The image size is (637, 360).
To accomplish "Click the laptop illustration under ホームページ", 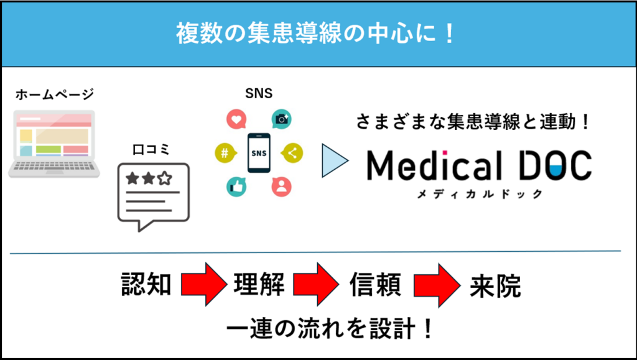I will click(54, 144).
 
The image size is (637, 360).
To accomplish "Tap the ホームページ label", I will click(54, 95).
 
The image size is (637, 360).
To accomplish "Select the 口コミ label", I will click(152, 150).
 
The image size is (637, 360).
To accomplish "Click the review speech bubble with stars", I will click(153, 195).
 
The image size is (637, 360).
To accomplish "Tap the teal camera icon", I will click(282, 119).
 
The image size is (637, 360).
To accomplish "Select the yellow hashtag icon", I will click(223, 152).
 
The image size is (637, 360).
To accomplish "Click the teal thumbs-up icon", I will click(236, 186).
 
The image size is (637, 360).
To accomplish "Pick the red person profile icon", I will click(281, 186).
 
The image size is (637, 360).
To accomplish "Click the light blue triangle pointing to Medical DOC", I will click(335, 162).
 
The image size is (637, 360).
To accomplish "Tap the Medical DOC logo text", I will click(478, 165).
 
